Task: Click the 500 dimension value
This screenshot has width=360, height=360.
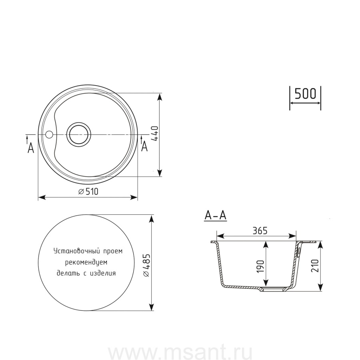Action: coord(305,94)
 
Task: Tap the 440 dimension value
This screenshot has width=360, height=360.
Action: coord(155,134)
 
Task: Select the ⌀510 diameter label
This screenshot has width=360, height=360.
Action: coord(88,191)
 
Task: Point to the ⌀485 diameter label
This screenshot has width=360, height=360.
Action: coord(146,265)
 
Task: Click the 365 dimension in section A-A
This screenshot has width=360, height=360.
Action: coord(260,230)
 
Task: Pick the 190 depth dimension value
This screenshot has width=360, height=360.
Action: coord(260,266)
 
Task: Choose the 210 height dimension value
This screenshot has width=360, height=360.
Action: coord(315,266)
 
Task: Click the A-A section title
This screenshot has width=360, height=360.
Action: coord(215,216)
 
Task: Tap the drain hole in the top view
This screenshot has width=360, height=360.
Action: coord(78,134)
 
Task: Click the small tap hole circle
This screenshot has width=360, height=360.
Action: coord(49,134)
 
